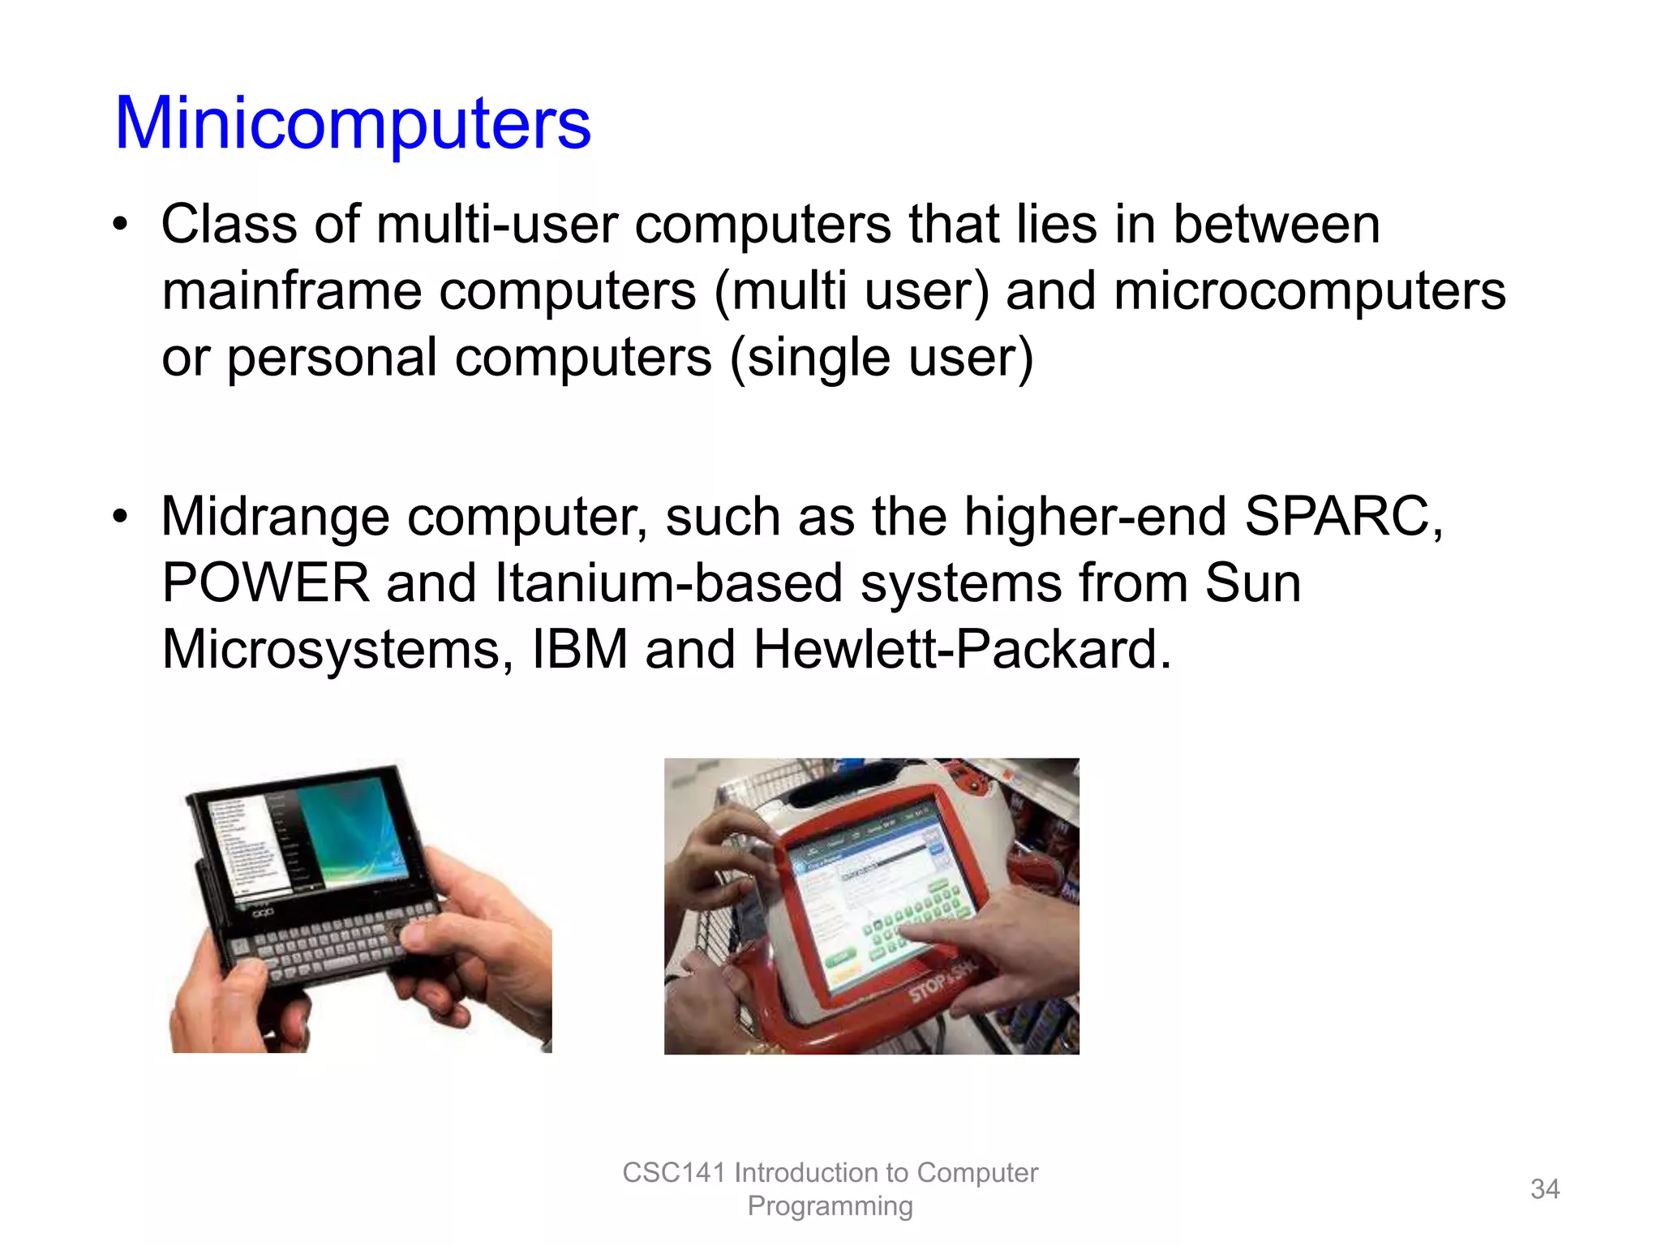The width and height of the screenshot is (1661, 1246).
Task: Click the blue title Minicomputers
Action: point(353,123)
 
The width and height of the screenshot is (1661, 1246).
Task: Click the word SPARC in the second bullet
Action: point(1342,517)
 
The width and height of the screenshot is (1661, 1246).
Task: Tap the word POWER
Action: point(265,583)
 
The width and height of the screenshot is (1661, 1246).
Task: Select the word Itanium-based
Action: point(668,583)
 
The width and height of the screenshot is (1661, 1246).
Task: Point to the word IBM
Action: point(579,650)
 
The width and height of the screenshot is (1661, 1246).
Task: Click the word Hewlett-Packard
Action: point(962,650)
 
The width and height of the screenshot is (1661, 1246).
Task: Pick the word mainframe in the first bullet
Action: point(292,291)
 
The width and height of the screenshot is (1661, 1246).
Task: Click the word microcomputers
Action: point(1309,291)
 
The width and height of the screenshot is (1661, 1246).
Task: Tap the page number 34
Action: point(1544,1189)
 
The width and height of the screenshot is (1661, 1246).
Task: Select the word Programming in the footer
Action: point(830,1206)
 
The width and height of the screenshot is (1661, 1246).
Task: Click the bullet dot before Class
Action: point(121,224)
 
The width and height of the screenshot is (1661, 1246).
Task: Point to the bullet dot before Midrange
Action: point(121,517)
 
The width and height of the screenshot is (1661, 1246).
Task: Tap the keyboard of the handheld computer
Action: point(333,941)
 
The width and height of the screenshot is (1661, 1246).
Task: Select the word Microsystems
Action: point(337,650)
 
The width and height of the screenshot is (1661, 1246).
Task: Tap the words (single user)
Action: point(882,358)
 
